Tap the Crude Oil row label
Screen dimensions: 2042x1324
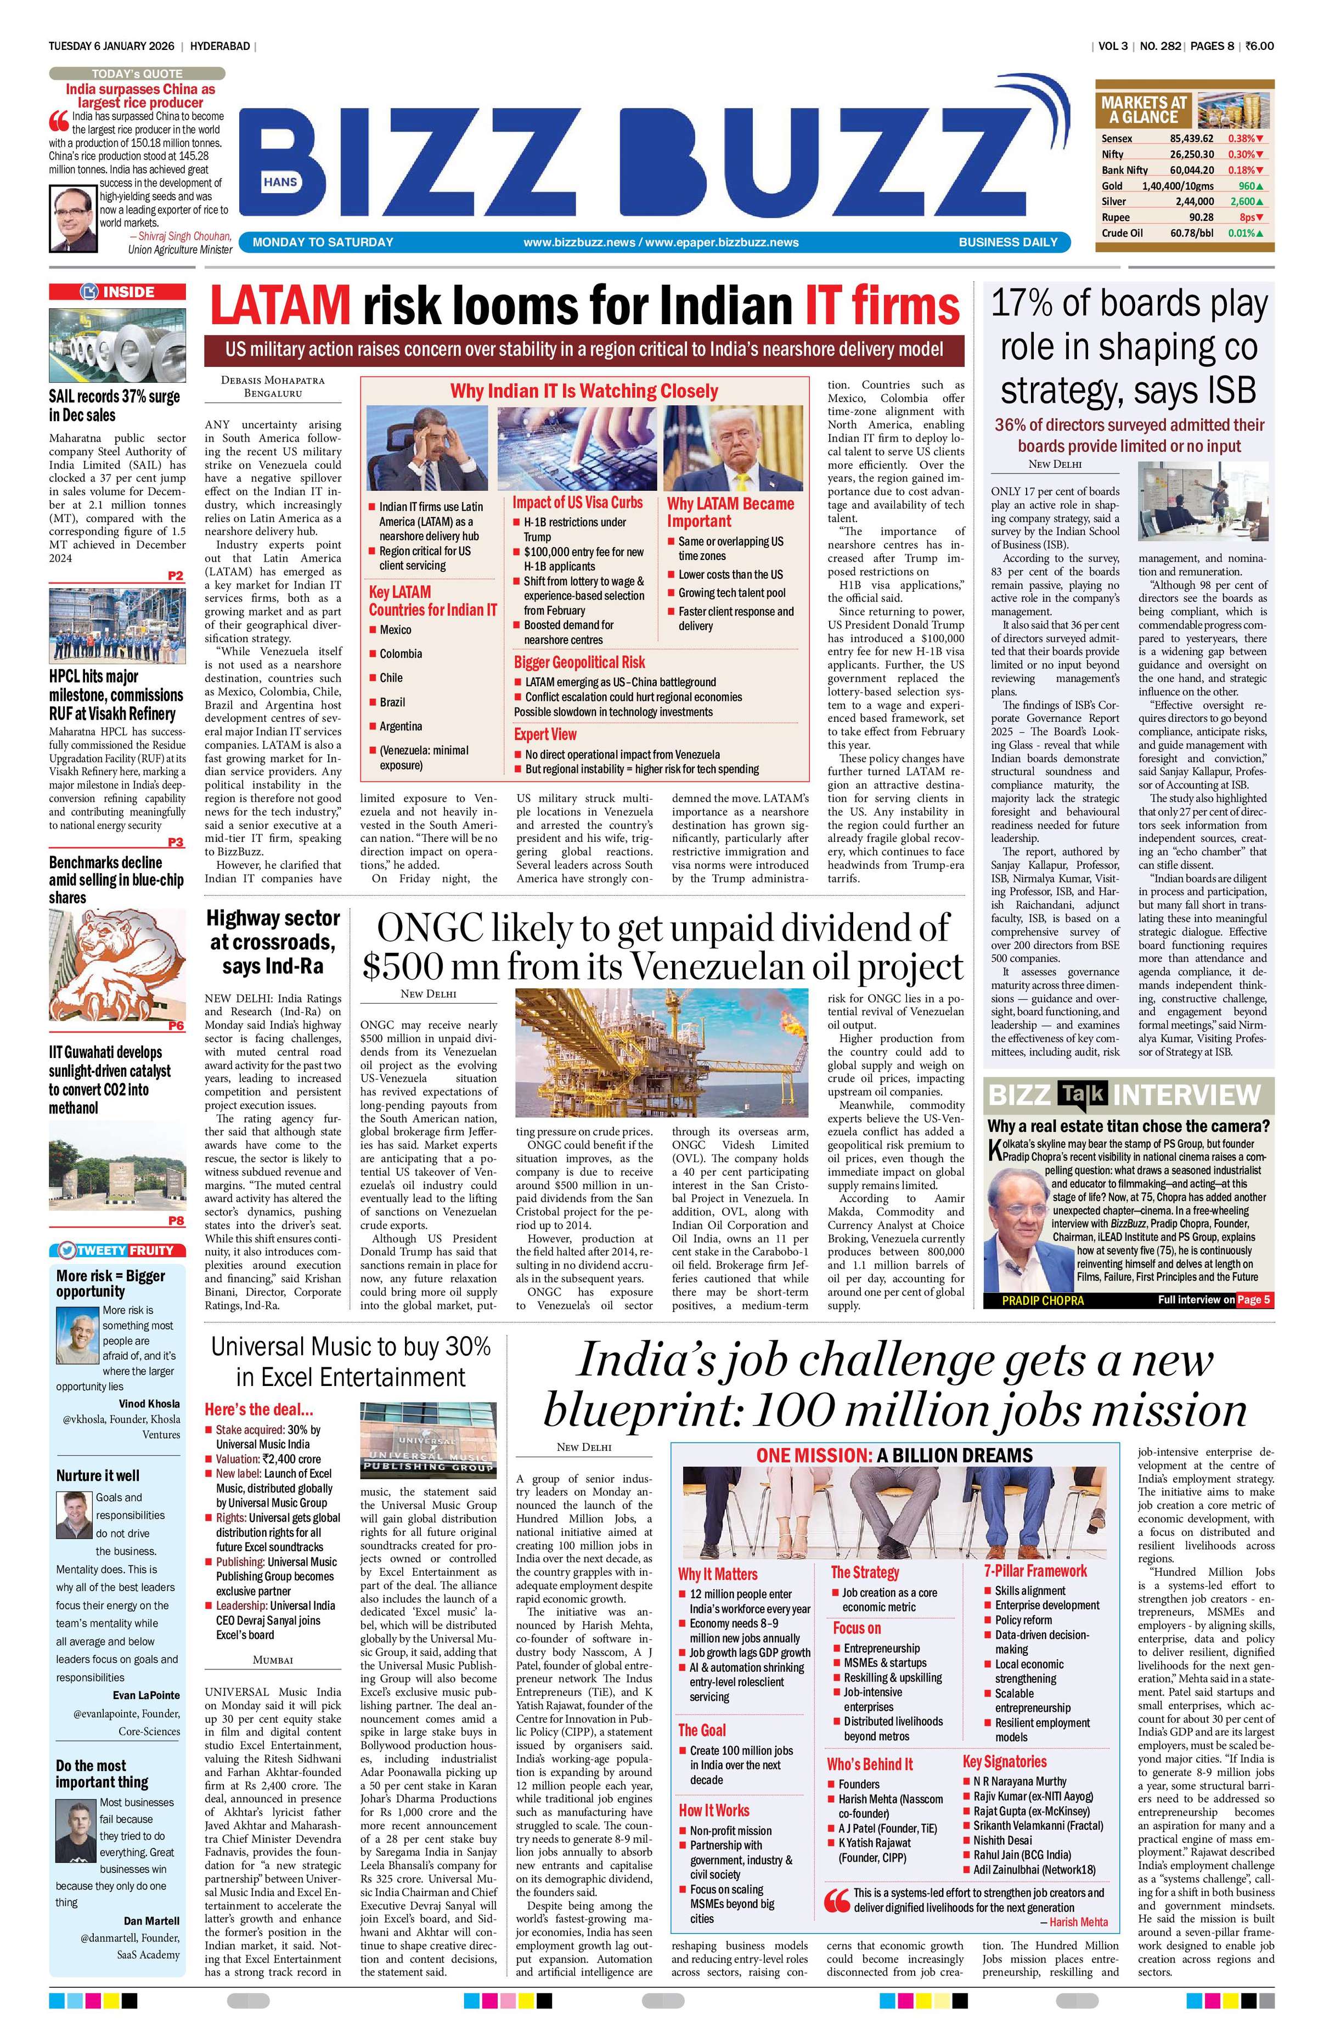click(1122, 233)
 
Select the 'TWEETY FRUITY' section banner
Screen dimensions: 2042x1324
click(117, 1250)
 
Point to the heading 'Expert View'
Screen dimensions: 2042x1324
click(545, 734)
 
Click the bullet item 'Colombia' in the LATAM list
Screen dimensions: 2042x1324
click(401, 654)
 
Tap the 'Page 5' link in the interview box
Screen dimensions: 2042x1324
click(1254, 1300)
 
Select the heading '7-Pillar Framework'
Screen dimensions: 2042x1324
click(1035, 1571)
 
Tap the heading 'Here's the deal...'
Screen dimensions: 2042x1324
click(258, 1410)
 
